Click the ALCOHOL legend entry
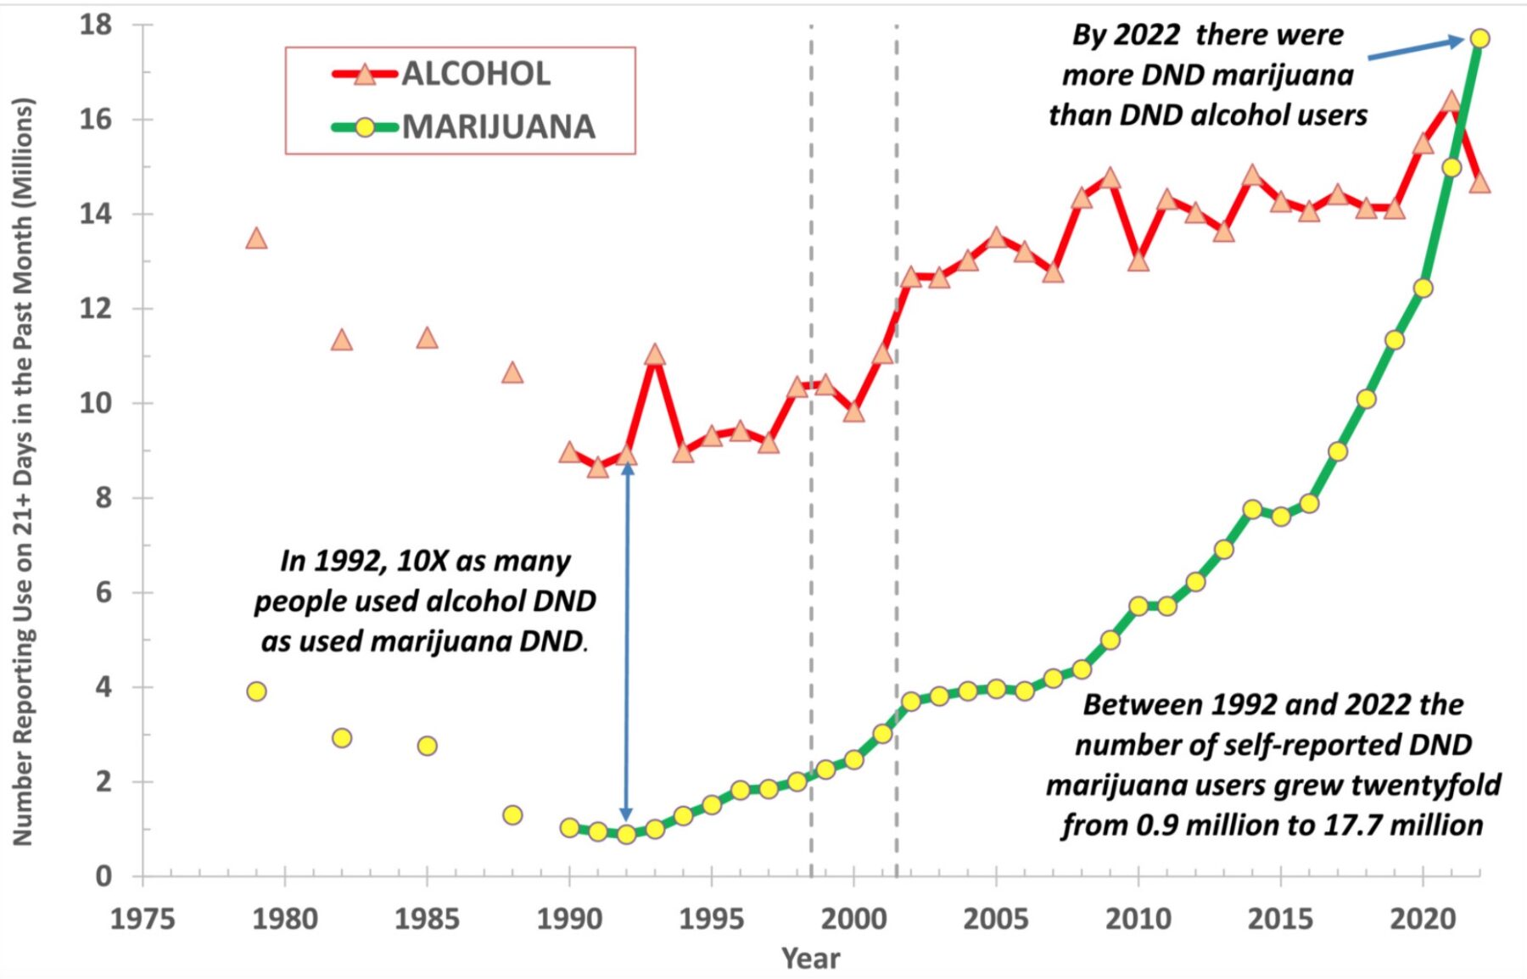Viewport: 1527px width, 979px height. pos(475,75)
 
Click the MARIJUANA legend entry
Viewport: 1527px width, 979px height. pos(497,127)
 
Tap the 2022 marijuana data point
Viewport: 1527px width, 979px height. pos(1479,38)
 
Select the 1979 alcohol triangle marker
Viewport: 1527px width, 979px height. pos(256,239)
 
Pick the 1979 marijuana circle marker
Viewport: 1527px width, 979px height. pos(256,691)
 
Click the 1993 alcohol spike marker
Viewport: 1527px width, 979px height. pos(654,355)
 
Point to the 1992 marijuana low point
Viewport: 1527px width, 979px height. pos(626,834)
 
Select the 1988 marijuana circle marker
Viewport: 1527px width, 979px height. pos(512,814)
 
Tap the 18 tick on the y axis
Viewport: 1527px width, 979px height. pos(96,25)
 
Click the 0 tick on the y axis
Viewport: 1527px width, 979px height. pos(103,876)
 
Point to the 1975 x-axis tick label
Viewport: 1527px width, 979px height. pos(143,919)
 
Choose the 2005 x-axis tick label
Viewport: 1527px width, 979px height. pos(994,919)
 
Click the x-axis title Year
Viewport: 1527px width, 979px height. pos(810,958)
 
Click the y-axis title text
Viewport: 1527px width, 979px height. pos(23,471)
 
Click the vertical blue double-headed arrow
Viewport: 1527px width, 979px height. pos(626,645)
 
